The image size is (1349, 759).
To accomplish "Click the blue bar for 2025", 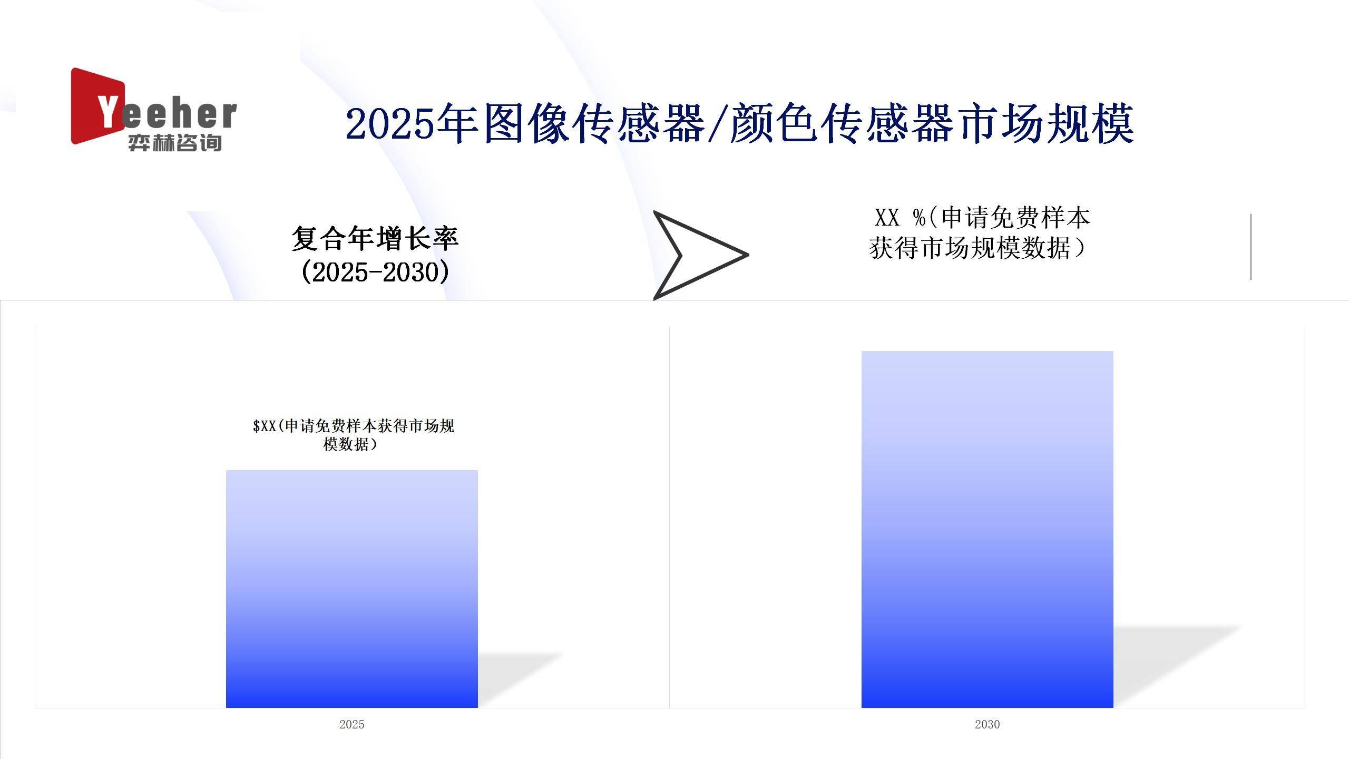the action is pos(352,589).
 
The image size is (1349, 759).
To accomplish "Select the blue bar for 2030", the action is pos(987,529).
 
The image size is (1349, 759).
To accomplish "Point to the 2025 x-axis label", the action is pos(352,724).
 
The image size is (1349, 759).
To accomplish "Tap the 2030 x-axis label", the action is pos(987,724).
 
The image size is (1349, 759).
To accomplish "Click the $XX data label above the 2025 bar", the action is pos(353,435).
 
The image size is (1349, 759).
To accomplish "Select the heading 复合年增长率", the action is pos(375,238).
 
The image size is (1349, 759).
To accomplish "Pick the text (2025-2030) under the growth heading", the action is pos(375,272).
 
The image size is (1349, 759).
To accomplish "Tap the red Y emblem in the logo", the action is pos(98,105).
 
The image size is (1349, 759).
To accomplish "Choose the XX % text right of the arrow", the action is pos(901,218).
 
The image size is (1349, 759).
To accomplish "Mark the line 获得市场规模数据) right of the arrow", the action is pos(978,248).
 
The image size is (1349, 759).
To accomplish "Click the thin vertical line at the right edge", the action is pos(1251,247).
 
